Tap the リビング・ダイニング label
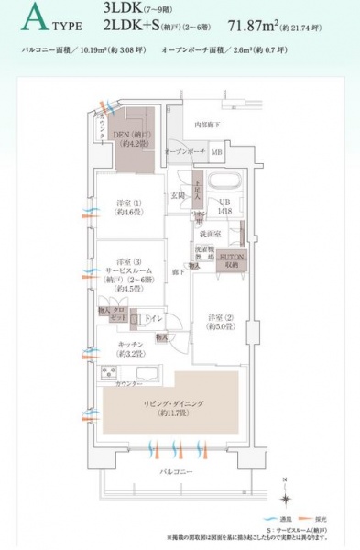[170, 407]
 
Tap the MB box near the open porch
[216, 152]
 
